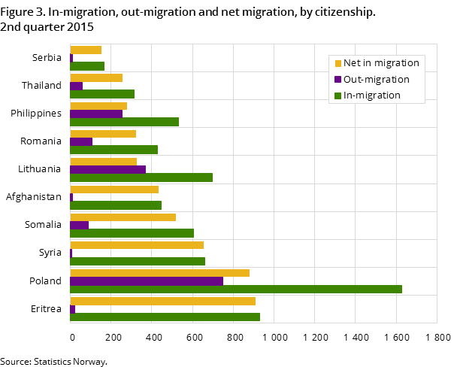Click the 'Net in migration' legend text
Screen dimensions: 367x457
coord(381,63)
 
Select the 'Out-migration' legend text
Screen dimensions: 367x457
coord(377,80)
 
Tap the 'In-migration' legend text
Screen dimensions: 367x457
coord(372,96)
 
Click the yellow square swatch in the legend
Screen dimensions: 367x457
coord(338,63)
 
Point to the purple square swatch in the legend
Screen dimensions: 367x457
coord(338,80)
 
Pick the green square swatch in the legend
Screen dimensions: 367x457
coord(338,96)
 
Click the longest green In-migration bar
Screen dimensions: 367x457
coord(235,289)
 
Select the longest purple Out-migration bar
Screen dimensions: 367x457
coord(147,281)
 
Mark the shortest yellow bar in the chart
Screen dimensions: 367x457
coord(86,50)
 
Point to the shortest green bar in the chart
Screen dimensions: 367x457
coord(87,66)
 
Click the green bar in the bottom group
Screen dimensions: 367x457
coord(165,317)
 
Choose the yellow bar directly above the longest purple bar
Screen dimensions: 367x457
coord(159,273)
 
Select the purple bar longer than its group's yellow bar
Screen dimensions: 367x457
coord(107,169)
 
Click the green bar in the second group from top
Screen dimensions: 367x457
coord(102,94)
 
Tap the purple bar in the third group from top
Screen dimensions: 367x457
coord(96,114)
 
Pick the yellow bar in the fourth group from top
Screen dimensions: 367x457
coord(103,134)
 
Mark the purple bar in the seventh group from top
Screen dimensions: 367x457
coord(79,225)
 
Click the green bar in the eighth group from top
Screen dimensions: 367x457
coord(138,261)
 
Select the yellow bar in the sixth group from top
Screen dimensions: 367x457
coord(114,190)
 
